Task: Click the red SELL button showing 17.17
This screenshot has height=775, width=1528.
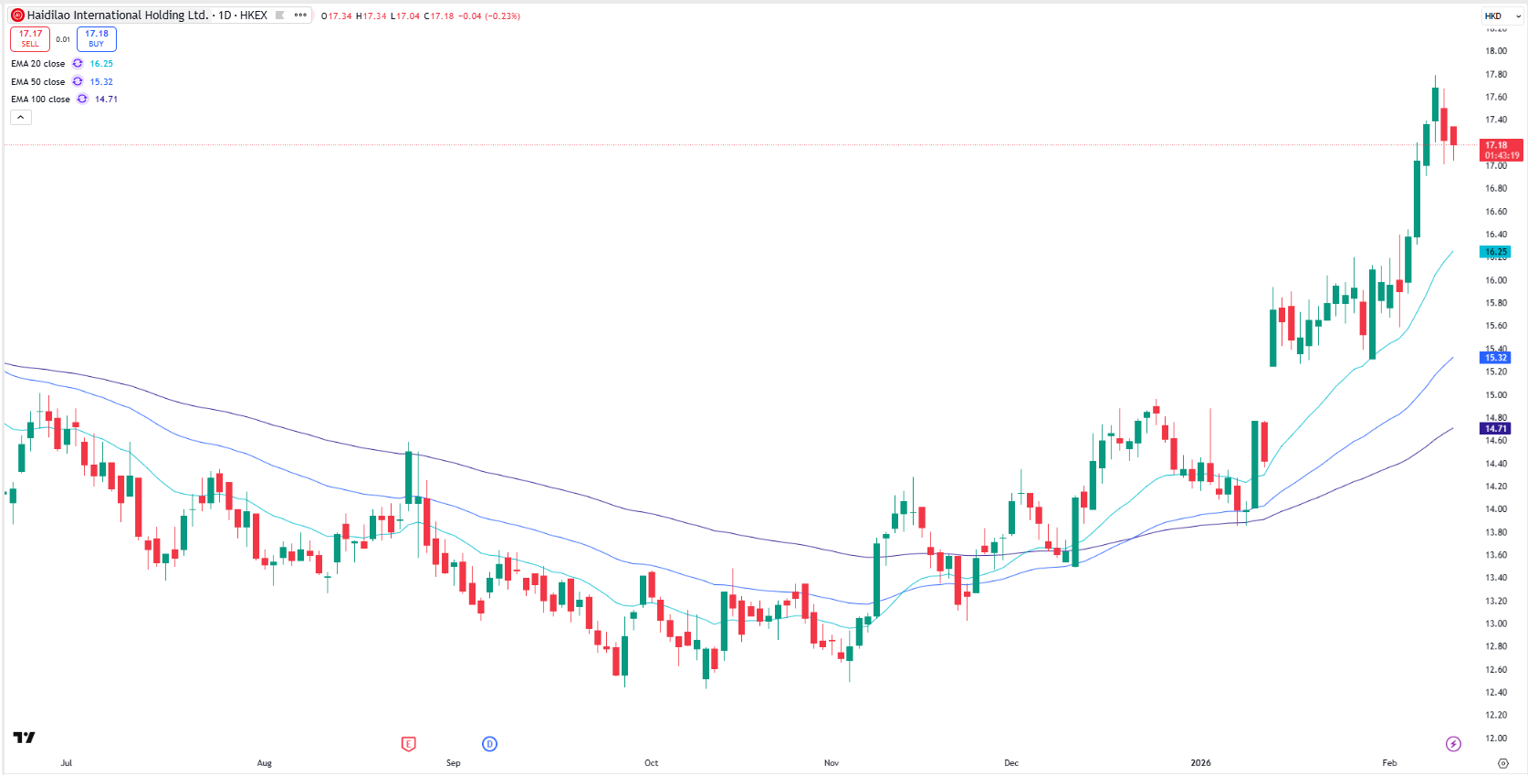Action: pyautogui.click(x=30, y=39)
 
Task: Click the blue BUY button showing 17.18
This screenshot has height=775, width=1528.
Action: pyautogui.click(x=96, y=39)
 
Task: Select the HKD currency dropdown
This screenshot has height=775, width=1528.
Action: pyautogui.click(x=1500, y=16)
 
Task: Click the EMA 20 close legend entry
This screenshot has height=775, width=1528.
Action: pyautogui.click(x=38, y=64)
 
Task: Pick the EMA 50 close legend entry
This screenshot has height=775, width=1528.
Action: pyautogui.click(x=38, y=82)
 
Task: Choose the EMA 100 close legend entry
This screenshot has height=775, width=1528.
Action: pyautogui.click(x=40, y=99)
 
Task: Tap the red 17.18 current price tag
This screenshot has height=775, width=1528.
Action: pyautogui.click(x=1500, y=150)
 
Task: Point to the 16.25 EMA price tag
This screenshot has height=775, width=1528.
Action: pyautogui.click(x=1495, y=252)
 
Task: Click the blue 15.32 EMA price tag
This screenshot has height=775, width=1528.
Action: pyautogui.click(x=1495, y=358)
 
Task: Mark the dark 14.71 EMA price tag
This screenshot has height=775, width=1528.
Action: pyautogui.click(x=1495, y=428)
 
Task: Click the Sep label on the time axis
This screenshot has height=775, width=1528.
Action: pyautogui.click(x=453, y=763)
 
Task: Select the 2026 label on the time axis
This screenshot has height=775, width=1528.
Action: pyautogui.click(x=1200, y=763)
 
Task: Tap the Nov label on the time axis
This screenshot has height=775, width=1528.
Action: pyautogui.click(x=831, y=763)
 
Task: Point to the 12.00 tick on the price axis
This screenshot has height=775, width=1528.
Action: pyautogui.click(x=1495, y=738)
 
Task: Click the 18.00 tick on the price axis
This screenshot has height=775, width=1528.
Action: pyautogui.click(x=1495, y=51)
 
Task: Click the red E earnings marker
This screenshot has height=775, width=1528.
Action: pyautogui.click(x=408, y=744)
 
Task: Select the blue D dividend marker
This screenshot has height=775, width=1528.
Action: pyautogui.click(x=489, y=744)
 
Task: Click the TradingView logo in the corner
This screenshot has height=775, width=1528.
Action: pyautogui.click(x=24, y=738)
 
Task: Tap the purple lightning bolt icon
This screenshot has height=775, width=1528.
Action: pyautogui.click(x=1453, y=744)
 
